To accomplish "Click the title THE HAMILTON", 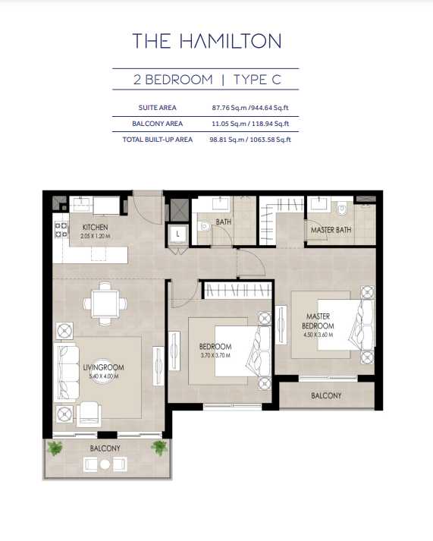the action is point(207,41).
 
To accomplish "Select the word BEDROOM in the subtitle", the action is point(179,80).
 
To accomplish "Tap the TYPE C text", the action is point(257,80).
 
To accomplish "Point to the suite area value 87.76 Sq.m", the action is point(229,108).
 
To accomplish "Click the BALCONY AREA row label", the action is point(158,124).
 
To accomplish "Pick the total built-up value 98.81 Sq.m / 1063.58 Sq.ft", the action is point(250,140).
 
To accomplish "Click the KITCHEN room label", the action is point(95,228).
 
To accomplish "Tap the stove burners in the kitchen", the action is point(61,230).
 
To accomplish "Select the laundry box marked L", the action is point(178,234).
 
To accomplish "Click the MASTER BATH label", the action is point(331,230).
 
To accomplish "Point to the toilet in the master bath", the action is point(342,209).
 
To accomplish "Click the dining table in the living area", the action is point(105,304).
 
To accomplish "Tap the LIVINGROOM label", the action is point(103,367).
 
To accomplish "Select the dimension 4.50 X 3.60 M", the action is point(318,335).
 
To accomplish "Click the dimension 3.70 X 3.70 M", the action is point(215,355).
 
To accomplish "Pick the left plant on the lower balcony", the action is point(55,448).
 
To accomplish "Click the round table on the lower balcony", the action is point(105,464).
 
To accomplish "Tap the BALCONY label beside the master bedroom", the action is point(326,395).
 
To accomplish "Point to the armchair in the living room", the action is point(89,414).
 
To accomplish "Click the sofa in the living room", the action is point(67,371).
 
